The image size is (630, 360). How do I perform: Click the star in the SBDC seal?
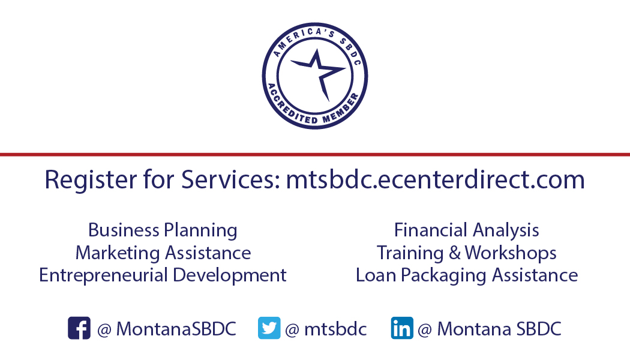316,73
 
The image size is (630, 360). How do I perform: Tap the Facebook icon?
79,328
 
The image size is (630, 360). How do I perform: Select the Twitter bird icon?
269,328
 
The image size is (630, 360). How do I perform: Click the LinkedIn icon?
402,328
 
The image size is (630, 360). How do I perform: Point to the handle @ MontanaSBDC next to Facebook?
166,329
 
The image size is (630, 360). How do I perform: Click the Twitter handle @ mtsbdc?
326,329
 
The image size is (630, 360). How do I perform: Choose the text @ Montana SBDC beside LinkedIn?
489,329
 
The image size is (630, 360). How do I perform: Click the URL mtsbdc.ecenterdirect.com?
435,180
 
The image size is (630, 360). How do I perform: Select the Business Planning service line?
163,230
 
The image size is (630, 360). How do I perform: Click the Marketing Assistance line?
163,253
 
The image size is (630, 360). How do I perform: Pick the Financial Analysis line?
466,230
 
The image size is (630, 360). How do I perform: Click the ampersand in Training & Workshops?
455,253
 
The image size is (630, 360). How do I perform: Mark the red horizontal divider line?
315,154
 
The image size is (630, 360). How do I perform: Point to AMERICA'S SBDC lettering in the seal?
315,37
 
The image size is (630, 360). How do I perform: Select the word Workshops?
511,253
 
